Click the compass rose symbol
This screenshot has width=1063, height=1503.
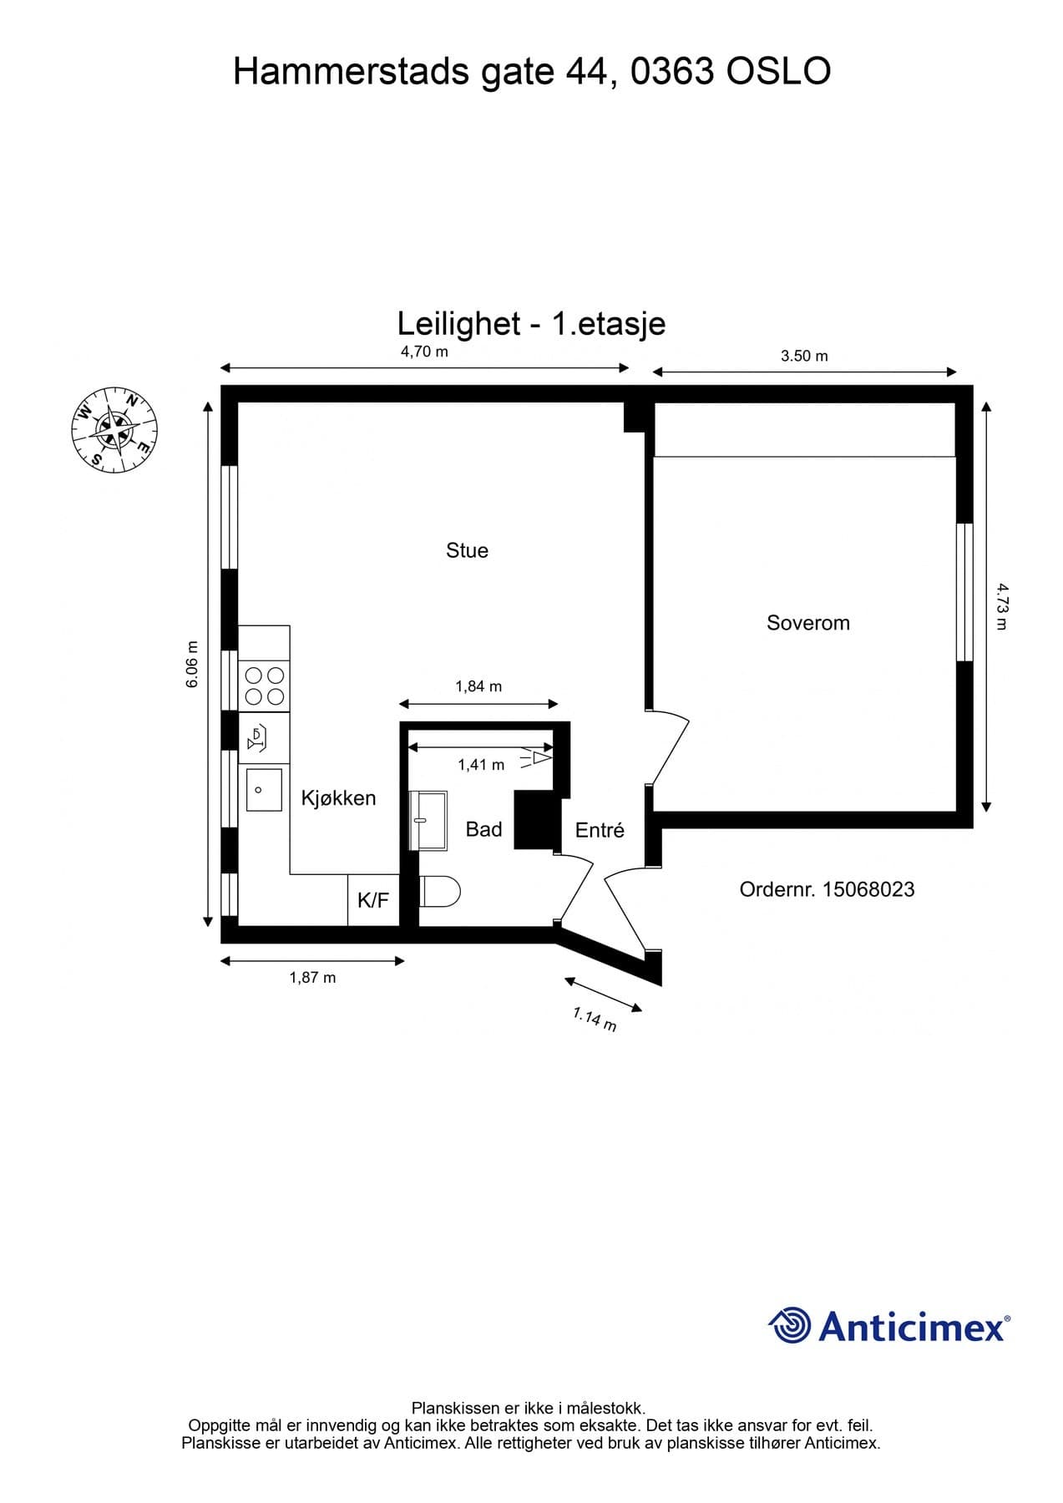[114, 429]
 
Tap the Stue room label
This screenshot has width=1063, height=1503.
[467, 550]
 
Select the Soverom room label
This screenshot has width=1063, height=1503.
[808, 623]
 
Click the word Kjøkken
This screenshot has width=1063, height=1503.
[338, 798]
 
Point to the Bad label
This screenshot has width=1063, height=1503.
[483, 829]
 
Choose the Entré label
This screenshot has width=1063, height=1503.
[600, 830]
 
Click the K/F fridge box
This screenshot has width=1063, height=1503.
[373, 900]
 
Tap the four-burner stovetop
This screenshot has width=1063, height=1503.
[264, 686]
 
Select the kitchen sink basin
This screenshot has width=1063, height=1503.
[264, 789]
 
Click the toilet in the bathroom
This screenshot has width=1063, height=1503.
[439, 891]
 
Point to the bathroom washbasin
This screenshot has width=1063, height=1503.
[428, 820]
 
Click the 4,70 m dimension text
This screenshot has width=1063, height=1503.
[424, 352]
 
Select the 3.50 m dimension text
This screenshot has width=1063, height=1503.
[804, 356]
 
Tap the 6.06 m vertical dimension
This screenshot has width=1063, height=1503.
[192, 664]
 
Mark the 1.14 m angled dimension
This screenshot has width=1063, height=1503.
[595, 1019]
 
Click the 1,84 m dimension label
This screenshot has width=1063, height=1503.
[478, 686]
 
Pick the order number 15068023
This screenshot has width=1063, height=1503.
[827, 889]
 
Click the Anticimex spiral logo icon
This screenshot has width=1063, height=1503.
[789, 1325]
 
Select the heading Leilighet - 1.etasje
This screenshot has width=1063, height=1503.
[531, 323]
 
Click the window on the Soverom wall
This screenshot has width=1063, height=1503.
[964, 592]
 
